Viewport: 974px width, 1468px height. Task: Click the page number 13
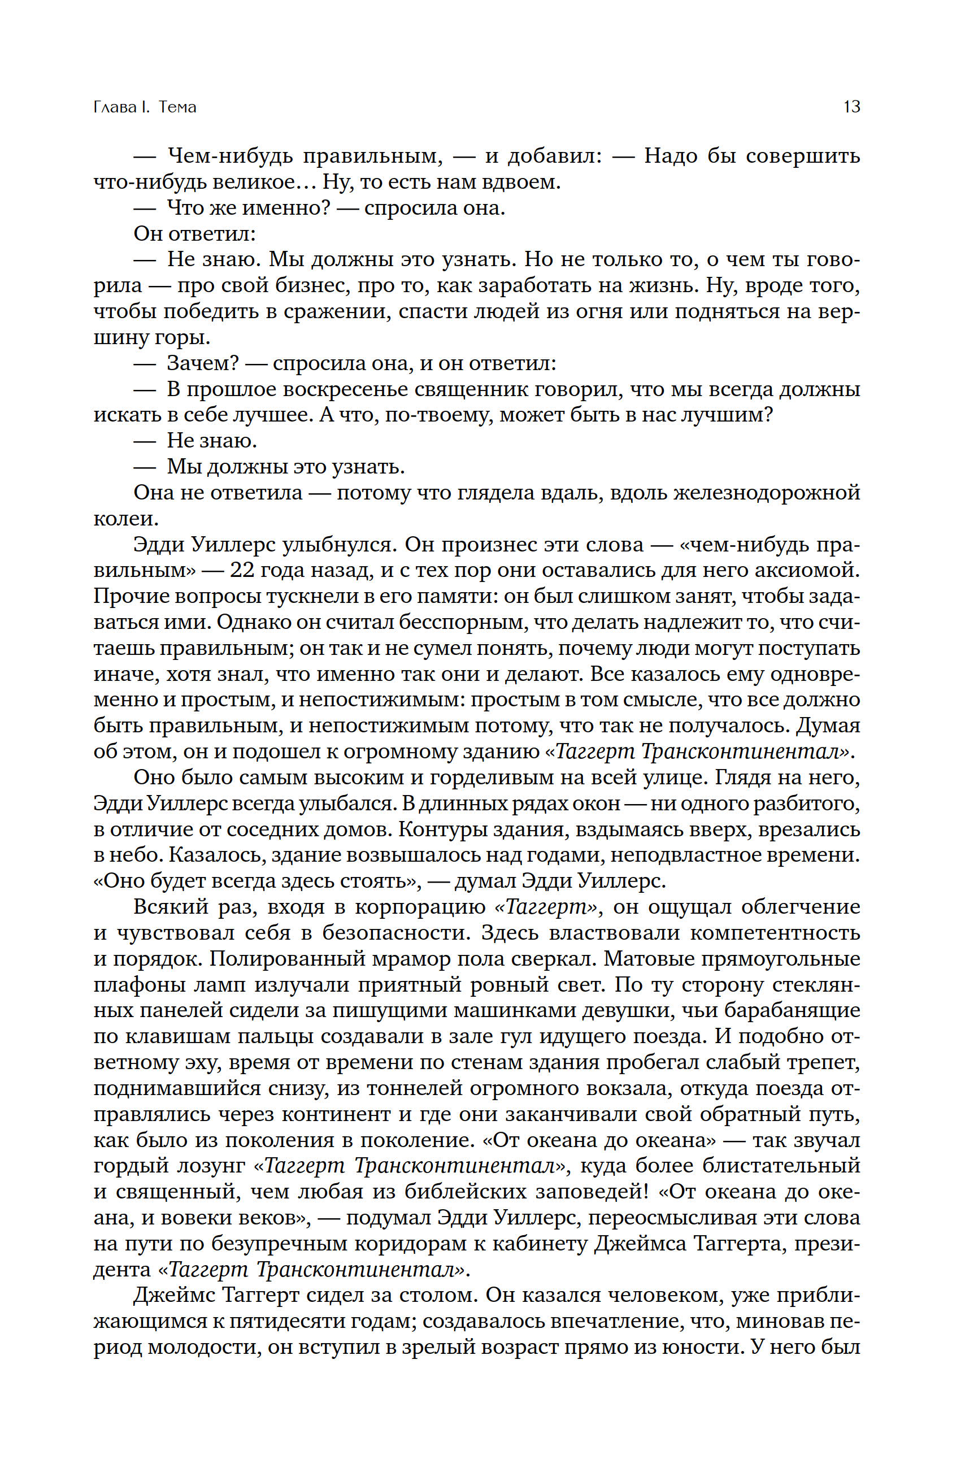point(851,107)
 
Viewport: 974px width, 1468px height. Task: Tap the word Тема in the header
point(177,107)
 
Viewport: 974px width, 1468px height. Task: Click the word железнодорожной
point(767,493)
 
